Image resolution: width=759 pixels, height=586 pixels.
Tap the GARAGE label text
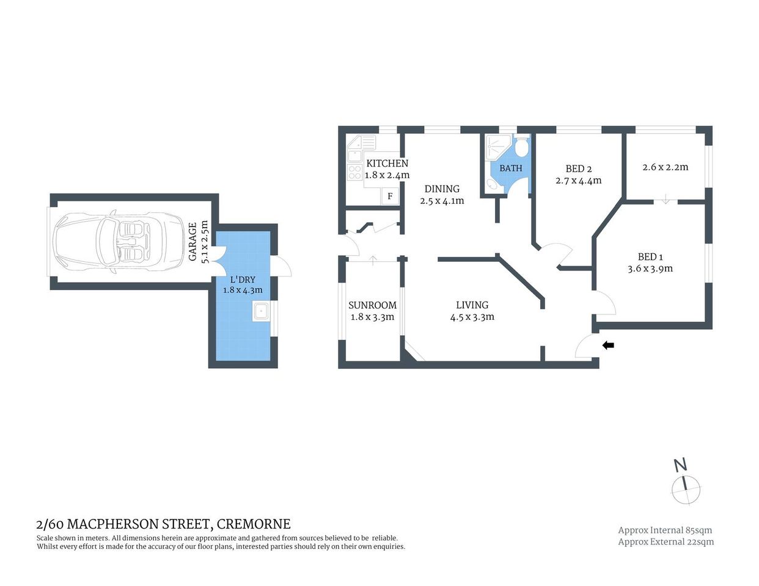point(193,242)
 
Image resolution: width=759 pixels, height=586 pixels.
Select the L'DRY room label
point(243,280)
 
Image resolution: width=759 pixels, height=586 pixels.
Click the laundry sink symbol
point(261,311)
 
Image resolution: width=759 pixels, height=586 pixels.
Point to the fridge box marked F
point(390,197)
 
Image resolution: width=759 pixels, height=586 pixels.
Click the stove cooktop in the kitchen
point(354,172)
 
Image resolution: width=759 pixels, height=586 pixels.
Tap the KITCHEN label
point(387,164)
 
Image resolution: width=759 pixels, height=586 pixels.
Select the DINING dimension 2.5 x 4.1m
point(442,201)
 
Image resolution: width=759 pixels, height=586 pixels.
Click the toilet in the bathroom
point(521,148)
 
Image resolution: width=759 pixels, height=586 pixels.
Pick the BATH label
point(511,168)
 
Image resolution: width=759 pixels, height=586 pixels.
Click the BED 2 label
point(578,169)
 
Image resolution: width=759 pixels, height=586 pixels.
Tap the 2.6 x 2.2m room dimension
point(665,167)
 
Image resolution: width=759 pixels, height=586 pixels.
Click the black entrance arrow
point(608,345)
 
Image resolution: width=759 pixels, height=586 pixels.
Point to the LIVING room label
point(472,305)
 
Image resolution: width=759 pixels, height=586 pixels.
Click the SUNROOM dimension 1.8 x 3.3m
point(372,317)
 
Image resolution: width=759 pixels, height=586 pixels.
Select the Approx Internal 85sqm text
point(665,530)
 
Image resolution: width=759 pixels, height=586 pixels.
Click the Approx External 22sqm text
point(665,541)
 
